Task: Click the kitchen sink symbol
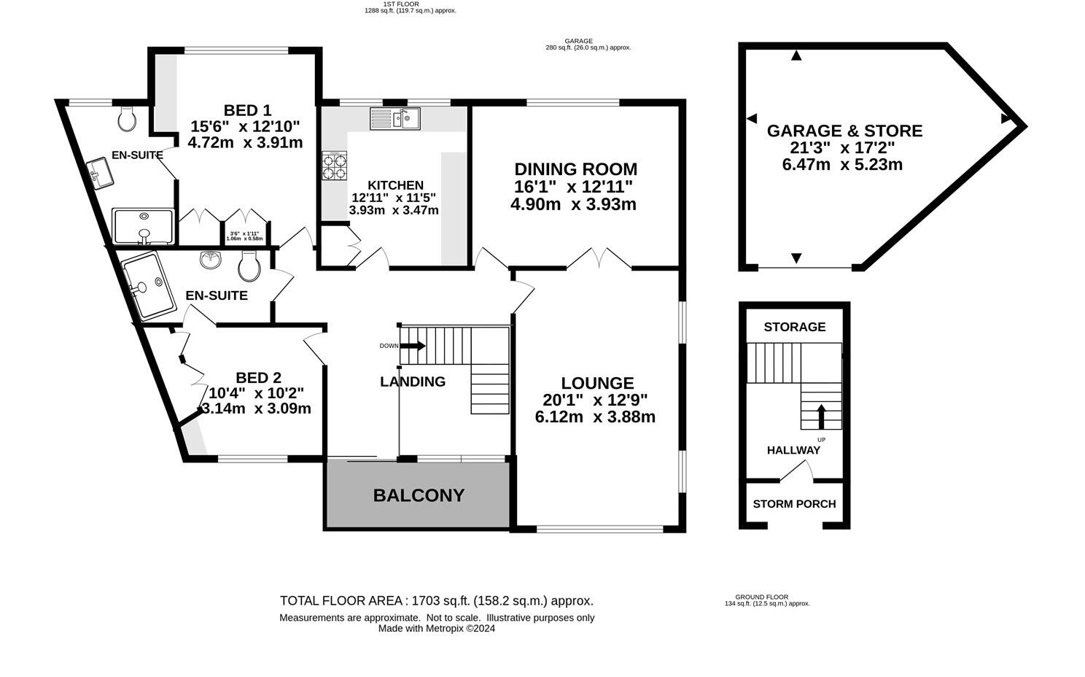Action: (394, 118)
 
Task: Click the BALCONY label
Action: (419, 495)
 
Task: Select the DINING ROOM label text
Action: (575, 169)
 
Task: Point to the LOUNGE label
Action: (597, 383)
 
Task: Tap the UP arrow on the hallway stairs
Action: (820, 417)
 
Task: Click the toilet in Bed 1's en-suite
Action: (127, 118)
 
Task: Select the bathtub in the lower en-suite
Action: (149, 285)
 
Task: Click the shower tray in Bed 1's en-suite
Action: (143, 225)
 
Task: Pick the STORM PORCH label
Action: (794, 504)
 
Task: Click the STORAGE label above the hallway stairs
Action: (794, 327)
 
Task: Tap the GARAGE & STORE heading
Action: (844, 131)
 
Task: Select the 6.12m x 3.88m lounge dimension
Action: (594, 417)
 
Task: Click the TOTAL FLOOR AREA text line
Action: (436, 601)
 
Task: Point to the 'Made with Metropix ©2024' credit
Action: (436, 628)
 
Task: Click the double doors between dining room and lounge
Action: (598, 259)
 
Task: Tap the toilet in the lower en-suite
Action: (249, 266)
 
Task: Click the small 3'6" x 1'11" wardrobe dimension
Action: (244, 236)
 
